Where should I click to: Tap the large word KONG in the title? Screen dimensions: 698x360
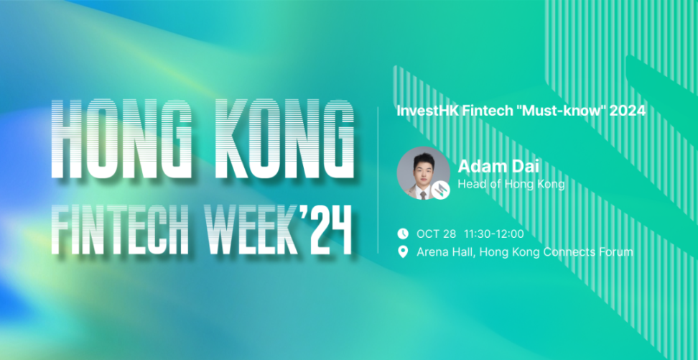click(x=284, y=139)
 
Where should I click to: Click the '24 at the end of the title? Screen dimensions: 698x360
click(x=327, y=229)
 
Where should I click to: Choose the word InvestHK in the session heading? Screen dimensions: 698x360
click(x=427, y=111)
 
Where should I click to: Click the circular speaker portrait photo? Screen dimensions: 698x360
click(x=424, y=173)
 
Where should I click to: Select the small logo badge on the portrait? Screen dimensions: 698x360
click(x=441, y=190)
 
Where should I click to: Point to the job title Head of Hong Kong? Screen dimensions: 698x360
click(x=511, y=185)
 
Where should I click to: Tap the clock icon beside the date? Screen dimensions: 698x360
click(x=403, y=234)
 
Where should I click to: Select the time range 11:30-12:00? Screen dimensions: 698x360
click(x=494, y=234)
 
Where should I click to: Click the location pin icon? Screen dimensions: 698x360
click(x=403, y=252)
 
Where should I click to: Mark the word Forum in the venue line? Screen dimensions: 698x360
click(x=616, y=252)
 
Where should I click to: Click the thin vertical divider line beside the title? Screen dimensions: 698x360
click(x=378, y=180)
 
